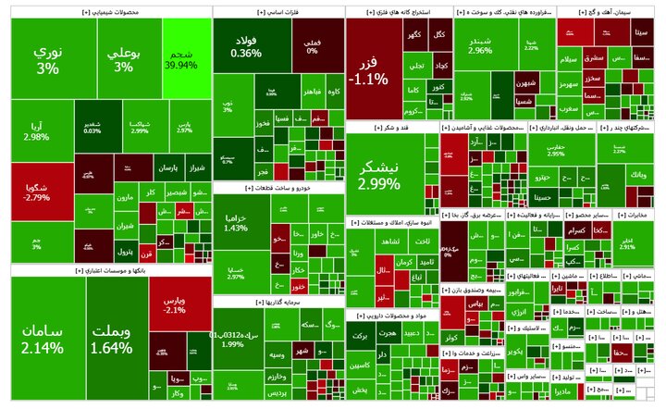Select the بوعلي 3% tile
(123, 61)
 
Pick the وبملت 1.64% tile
(112, 339)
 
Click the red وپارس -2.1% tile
(175, 305)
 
